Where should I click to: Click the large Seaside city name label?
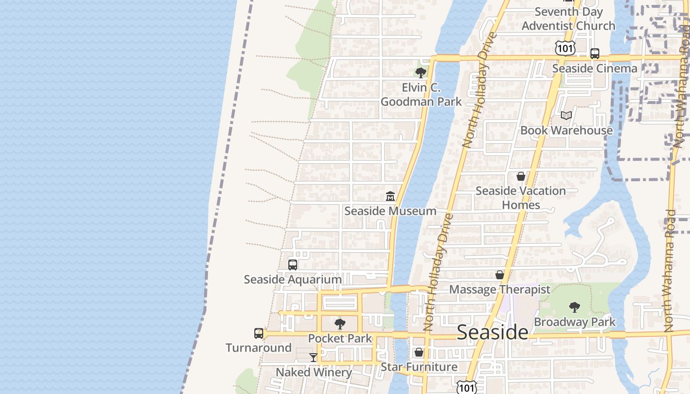tap(492, 332)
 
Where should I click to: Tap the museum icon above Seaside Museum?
tap(390, 196)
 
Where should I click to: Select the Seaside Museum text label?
tap(390, 211)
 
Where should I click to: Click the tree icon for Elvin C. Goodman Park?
tap(420, 73)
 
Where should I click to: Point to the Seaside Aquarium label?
tap(293, 279)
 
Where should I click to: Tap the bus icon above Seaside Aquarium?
tap(293, 265)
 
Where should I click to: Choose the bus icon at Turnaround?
tap(259, 333)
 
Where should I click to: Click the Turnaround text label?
tap(259, 348)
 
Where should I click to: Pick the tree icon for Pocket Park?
tap(340, 324)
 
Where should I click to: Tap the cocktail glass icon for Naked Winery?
tap(313, 357)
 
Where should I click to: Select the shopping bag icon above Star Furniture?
tap(419, 352)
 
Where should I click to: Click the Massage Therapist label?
tap(499, 289)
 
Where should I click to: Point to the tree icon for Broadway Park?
tap(574, 307)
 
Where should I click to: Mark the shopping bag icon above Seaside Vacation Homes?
tap(521, 176)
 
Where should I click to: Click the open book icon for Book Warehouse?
tap(566, 115)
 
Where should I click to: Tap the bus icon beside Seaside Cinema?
tap(595, 54)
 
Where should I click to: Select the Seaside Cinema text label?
tap(594, 68)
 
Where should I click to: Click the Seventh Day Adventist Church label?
tap(568, 19)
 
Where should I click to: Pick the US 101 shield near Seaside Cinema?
tap(564, 48)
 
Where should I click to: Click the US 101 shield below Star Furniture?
tap(466, 387)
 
